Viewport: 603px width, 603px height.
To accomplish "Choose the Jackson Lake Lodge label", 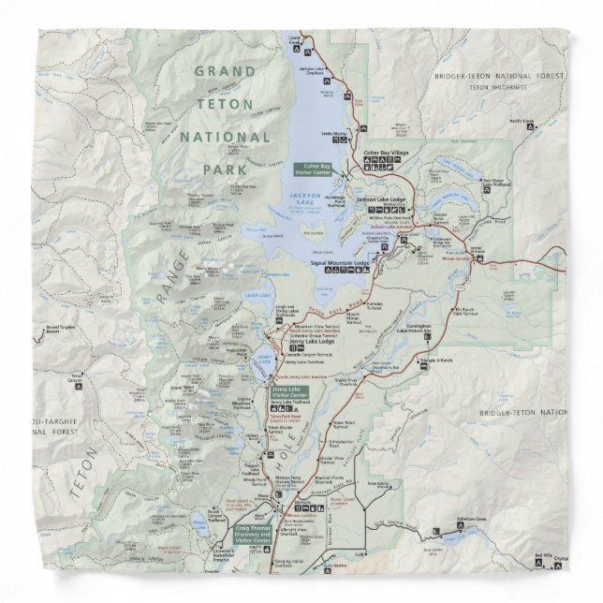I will point(380,200).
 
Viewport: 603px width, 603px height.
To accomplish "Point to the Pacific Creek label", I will point(522,120).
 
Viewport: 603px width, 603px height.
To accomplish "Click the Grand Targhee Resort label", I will point(62,329).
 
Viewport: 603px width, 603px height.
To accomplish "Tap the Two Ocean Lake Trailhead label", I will point(500,183).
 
